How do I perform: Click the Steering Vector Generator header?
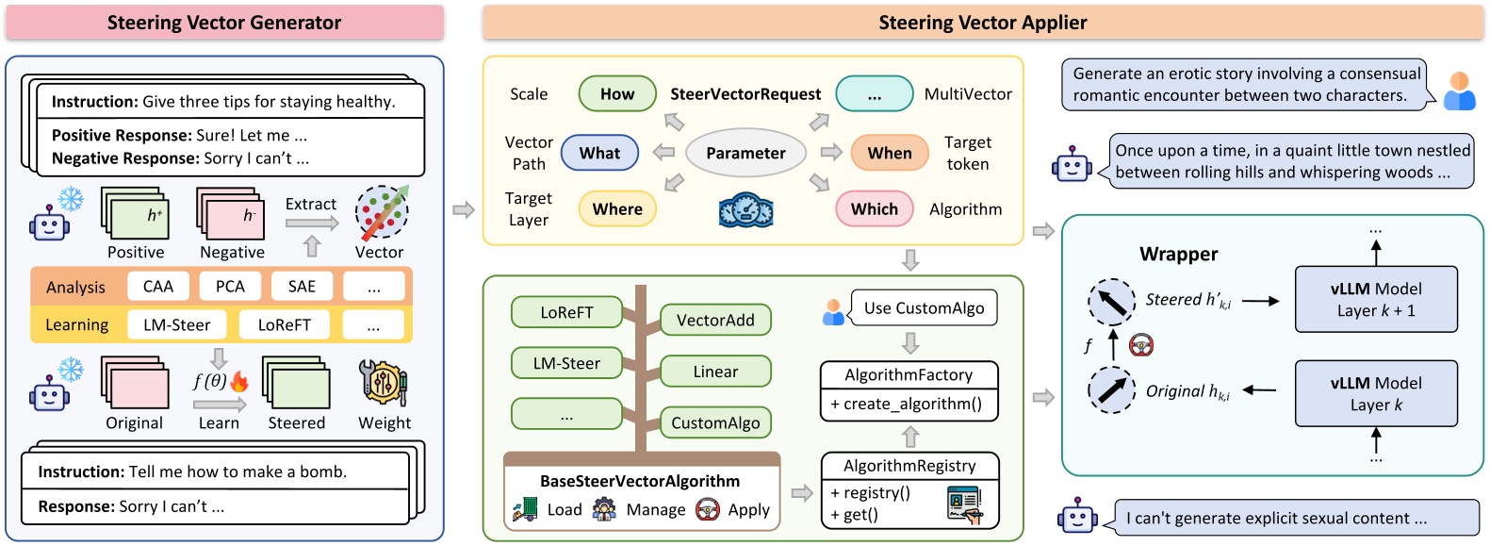click(224, 23)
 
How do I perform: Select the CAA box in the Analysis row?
click(158, 287)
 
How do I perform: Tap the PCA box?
click(230, 287)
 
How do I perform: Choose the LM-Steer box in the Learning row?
click(177, 325)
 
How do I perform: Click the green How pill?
click(617, 94)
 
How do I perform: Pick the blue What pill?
click(599, 153)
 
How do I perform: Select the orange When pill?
click(889, 153)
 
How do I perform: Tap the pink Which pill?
click(874, 209)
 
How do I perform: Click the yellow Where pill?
click(617, 209)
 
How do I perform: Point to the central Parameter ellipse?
click(745, 153)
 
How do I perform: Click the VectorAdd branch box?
click(715, 321)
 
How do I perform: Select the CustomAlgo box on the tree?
click(715, 423)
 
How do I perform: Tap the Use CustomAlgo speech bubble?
click(924, 308)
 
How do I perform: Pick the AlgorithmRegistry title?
click(909, 466)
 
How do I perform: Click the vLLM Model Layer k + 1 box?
click(1376, 300)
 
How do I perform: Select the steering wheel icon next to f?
click(1141, 345)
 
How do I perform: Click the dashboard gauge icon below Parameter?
click(745, 210)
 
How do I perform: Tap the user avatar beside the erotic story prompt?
click(1459, 91)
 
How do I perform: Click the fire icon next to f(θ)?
click(239, 381)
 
